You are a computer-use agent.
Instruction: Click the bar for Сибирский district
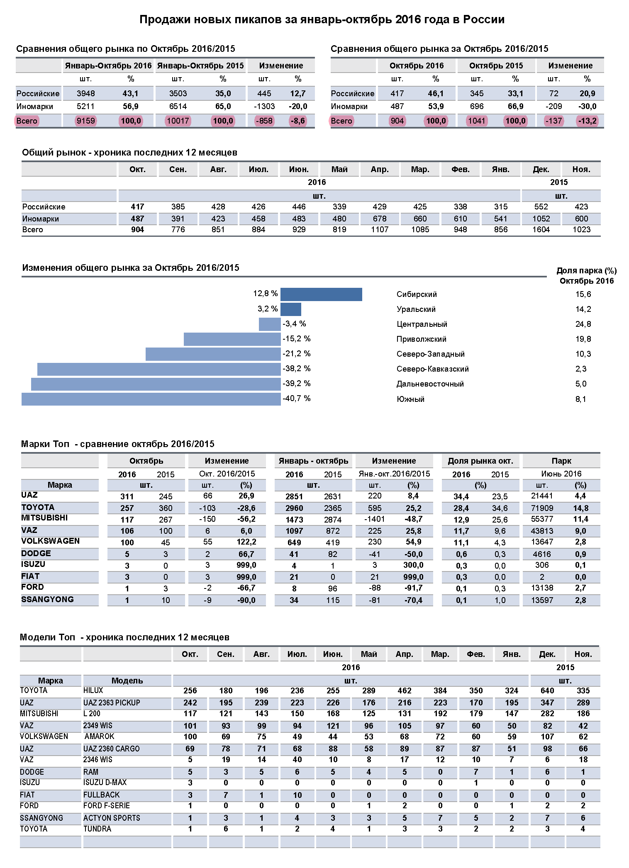[x=321, y=294]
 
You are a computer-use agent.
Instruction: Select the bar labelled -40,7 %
[x=151, y=399]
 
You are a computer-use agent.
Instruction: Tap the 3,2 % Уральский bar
[x=291, y=309]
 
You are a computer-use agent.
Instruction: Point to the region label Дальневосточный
[x=430, y=384]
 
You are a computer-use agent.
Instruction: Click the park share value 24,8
[x=583, y=324]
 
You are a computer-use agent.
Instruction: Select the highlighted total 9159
[x=86, y=121]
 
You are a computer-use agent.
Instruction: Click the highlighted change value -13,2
[x=587, y=121]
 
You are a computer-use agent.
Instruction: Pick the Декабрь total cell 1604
[x=541, y=230]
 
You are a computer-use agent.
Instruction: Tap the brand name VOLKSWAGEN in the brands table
[x=50, y=541]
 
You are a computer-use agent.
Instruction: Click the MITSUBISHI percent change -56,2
[x=246, y=519]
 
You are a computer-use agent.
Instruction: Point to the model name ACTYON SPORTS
[x=112, y=818]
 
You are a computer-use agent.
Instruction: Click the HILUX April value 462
[x=405, y=691]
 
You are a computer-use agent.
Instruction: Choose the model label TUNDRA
[x=97, y=829]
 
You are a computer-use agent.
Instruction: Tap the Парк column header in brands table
[x=561, y=461]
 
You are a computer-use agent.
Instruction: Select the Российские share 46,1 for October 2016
[x=436, y=93]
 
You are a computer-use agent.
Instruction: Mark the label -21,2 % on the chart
[x=297, y=354]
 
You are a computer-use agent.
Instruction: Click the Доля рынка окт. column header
[x=480, y=461]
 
